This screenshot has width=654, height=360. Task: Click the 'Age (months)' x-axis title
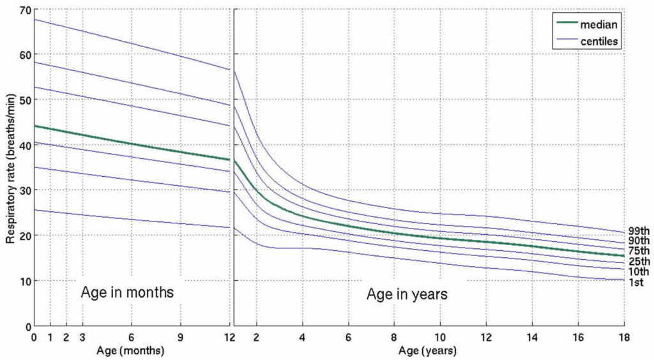131,351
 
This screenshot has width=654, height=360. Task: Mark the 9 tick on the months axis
180,337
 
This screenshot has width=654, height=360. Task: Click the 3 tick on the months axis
82,337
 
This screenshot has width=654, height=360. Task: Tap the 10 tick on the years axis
440,337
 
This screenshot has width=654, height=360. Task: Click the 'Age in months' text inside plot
127,294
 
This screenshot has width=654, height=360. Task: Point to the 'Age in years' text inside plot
406,294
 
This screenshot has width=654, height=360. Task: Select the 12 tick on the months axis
229,337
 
